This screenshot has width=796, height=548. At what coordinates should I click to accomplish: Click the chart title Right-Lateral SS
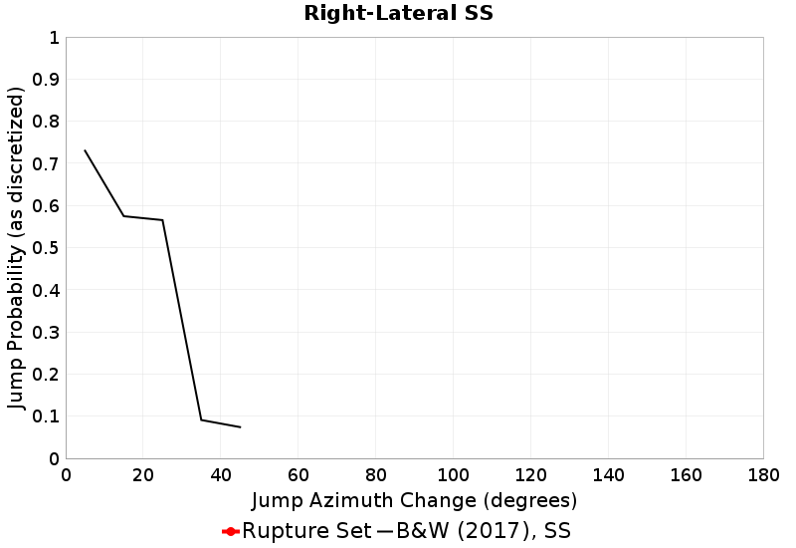398,14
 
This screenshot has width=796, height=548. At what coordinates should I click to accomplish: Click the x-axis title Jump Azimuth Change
414,499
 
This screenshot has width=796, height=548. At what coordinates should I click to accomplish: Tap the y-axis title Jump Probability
16,248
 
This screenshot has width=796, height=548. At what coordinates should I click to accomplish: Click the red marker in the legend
230,531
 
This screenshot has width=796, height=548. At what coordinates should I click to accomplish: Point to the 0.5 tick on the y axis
46,248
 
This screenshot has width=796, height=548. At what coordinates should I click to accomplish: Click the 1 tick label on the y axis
53,38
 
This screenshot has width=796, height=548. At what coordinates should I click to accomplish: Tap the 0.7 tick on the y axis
46,164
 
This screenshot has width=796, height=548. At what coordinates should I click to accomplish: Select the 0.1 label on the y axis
46,416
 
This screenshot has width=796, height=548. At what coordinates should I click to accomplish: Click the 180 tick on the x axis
762,474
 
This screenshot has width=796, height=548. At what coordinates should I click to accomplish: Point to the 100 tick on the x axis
453,474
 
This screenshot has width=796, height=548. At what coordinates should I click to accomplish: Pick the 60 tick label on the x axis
298,474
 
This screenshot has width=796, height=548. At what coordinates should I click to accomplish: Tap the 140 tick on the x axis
608,474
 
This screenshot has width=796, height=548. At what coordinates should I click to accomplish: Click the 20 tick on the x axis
143,474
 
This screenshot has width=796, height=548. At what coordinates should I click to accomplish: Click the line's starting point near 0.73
85,150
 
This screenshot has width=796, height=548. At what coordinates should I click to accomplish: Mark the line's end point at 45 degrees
240,427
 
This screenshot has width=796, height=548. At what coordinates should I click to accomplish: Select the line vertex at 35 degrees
201,419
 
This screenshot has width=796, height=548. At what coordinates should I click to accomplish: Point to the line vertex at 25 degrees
162,220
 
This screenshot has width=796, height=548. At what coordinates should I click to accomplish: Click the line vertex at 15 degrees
123,216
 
